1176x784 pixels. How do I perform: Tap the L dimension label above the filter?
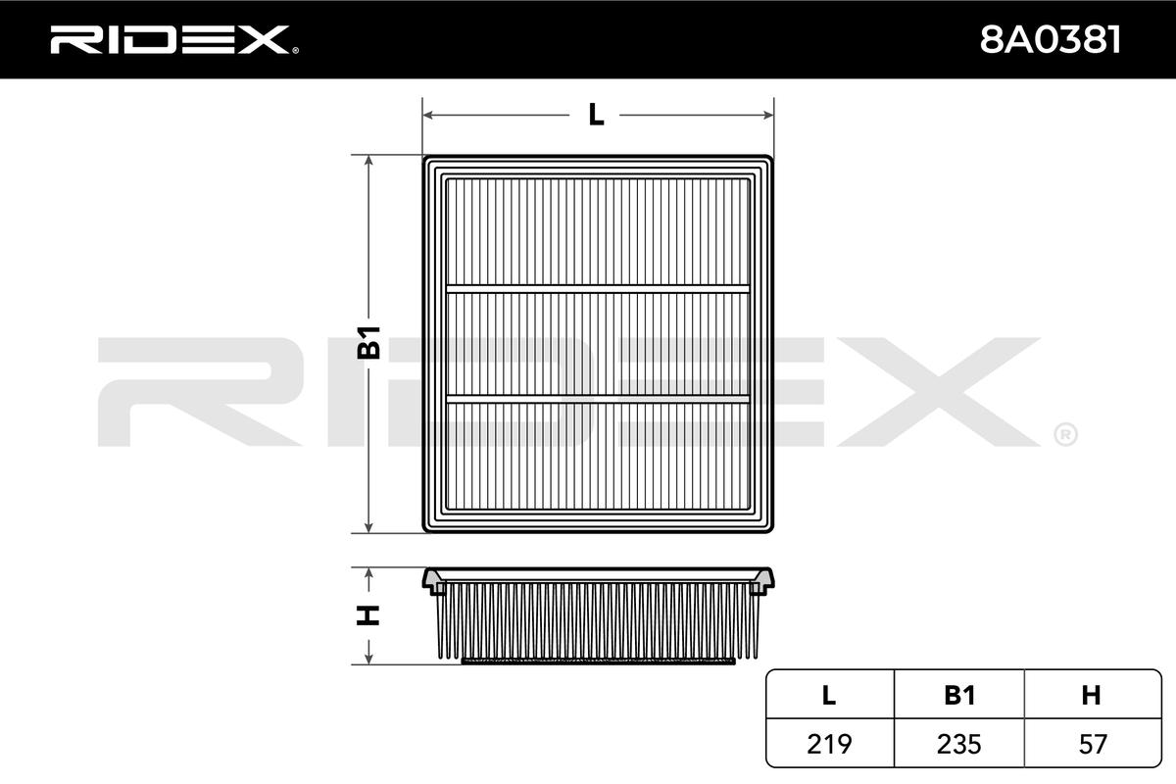pyautogui.click(x=596, y=115)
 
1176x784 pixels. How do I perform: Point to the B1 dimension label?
pyautogui.click(x=368, y=343)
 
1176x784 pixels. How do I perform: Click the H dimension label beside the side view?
pyautogui.click(x=368, y=614)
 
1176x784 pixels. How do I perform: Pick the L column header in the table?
pyautogui.click(x=829, y=695)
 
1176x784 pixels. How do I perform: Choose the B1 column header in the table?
pyautogui.click(x=959, y=695)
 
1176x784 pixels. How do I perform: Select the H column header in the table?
pyautogui.click(x=1091, y=695)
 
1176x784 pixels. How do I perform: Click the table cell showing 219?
pyautogui.click(x=829, y=744)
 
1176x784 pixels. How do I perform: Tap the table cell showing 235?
pyautogui.click(x=959, y=744)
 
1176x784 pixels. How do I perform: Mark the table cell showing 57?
pyautogui.click(x=1091, y=744)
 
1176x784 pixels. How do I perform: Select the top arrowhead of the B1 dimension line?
pyautogui.click(x=368, y=162)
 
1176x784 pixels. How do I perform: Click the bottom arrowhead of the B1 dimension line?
pyautogui.click(x=368, y=526)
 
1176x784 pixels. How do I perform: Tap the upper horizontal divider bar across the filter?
pyautogui.click(x=598, y=288)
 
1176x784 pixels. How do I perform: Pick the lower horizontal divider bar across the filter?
pyautogui.click(x=598, y=398)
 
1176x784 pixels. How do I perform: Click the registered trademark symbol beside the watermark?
pyautogui.click(x=1065, y=432)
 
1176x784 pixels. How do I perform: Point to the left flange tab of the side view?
pyautogui.click(x=433, y=583)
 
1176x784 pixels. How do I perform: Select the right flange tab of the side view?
pyautogui.click(x=762, y=583)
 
